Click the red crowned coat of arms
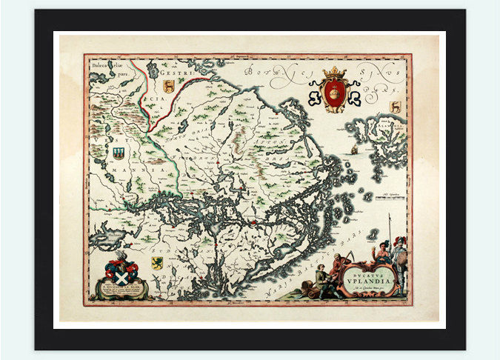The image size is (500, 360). pyautogui.click(x=335, y=93)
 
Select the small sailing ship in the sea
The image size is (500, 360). pyautogui.click(x=354, y=150)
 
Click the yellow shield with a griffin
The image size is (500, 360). pyautogui.click(x=157, y=262)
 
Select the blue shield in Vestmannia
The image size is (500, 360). pyautogui.click(x=119, y=153)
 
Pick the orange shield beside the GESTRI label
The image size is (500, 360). pyautogui.click(x=169, y=87)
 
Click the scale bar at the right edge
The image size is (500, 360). pyautogui.click(x=390, y=198)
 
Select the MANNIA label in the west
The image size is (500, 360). pyautogui.click(x=142, y=170)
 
